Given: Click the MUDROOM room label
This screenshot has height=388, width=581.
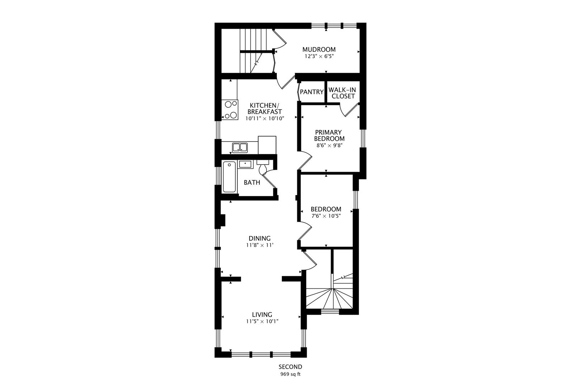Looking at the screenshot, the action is [319, 49].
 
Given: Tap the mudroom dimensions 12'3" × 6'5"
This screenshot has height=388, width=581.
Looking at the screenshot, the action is [319, 56].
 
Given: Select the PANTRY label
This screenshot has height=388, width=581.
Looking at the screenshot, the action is [312, 92].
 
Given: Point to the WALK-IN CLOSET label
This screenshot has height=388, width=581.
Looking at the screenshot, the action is [343, 93].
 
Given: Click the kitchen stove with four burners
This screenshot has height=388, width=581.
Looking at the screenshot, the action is [230, 110].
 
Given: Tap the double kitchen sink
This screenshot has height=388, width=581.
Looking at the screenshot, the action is [240, 148].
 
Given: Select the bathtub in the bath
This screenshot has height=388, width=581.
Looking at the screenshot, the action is [229, 177].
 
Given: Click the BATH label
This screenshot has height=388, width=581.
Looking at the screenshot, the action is [252, 183].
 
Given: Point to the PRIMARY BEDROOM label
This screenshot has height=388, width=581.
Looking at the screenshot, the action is [329, 135].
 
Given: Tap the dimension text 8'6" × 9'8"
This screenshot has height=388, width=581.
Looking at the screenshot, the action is [329, 145].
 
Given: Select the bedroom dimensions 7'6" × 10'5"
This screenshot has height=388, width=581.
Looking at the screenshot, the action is [326, 216].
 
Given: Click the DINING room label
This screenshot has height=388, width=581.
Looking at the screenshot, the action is [260, 238].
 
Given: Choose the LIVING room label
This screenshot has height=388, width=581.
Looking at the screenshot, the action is [262, 315].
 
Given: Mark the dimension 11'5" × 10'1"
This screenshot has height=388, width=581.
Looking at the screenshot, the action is [262, 322].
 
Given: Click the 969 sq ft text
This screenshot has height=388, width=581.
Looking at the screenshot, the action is [290, 374].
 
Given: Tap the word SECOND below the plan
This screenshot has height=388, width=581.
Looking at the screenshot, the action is [290, 367].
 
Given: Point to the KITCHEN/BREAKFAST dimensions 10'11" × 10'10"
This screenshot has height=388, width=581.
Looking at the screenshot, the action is [265, 119].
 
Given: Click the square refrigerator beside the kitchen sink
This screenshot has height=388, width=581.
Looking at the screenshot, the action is [267, 145].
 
